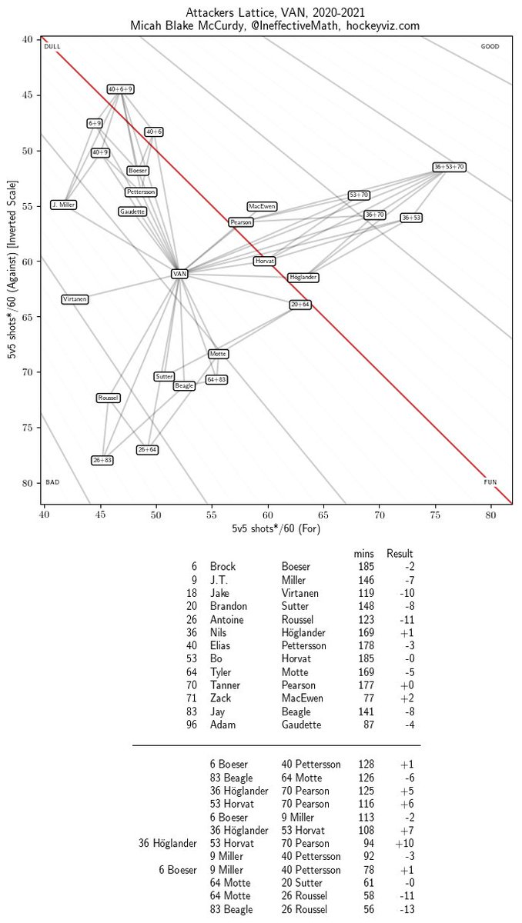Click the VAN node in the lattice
tap(179, 274)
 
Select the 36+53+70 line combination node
tap(449, 167)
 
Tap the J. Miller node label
tap(63, 205)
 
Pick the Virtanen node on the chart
tap(75, 298)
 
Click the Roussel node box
tap(108, 398)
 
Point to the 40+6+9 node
tap(121, 89)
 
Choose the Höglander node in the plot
tap(303, 277)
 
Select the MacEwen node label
tap(262, 207)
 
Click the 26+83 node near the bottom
tap(102, 460)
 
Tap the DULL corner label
tap(52, 47)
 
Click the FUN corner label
tap(490, 482)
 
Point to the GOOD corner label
tap(490, 47)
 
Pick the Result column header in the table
tap(400, 553)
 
